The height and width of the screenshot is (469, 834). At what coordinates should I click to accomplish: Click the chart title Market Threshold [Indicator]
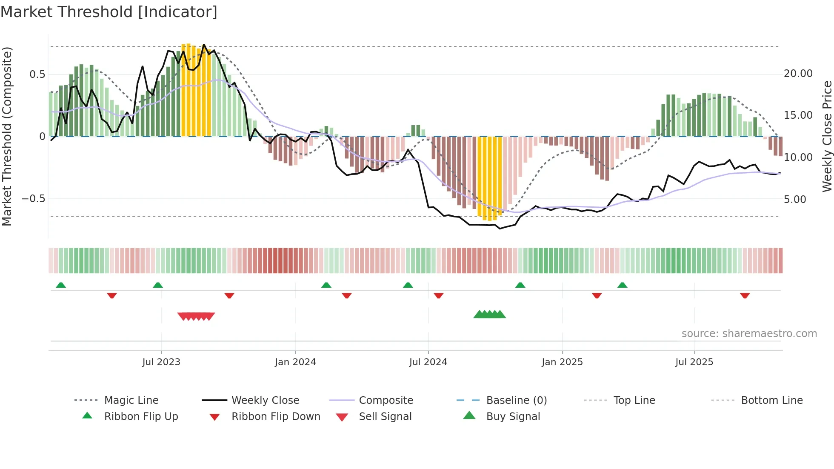(x=109, y=12)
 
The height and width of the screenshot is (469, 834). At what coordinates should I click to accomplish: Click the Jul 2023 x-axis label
(x=161, y=362)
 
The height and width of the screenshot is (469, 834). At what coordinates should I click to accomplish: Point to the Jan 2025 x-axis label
(x=562, y=362)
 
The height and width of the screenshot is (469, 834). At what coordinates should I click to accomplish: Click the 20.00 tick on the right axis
(x=798, y=74)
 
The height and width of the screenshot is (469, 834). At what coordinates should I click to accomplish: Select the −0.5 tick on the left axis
(x=33, y=199)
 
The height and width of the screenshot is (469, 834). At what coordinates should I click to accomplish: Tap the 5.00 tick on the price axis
(x=794, y=199)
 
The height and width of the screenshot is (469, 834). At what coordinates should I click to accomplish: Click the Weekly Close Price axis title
(x=827, y=136)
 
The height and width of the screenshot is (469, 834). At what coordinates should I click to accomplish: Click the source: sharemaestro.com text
(x=749, y=334)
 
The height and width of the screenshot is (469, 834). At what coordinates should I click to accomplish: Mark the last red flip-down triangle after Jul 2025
(x=745, y=295)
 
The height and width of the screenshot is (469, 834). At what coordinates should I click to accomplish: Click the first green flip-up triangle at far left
(x=61, y=285)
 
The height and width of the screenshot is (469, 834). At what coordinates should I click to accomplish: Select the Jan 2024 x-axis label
(x=295, y=362)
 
